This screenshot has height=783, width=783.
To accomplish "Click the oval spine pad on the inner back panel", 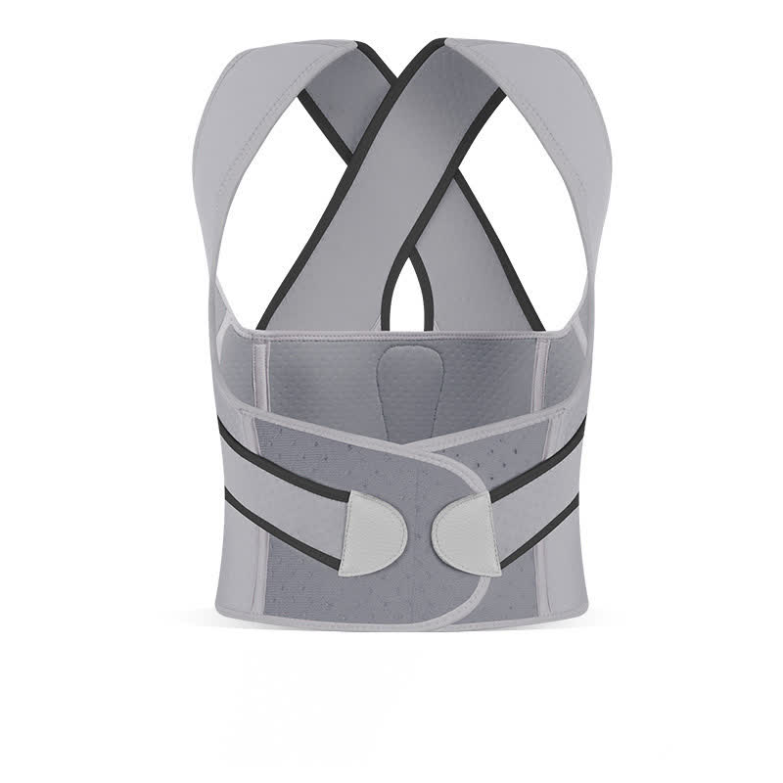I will tap(396, 382).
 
